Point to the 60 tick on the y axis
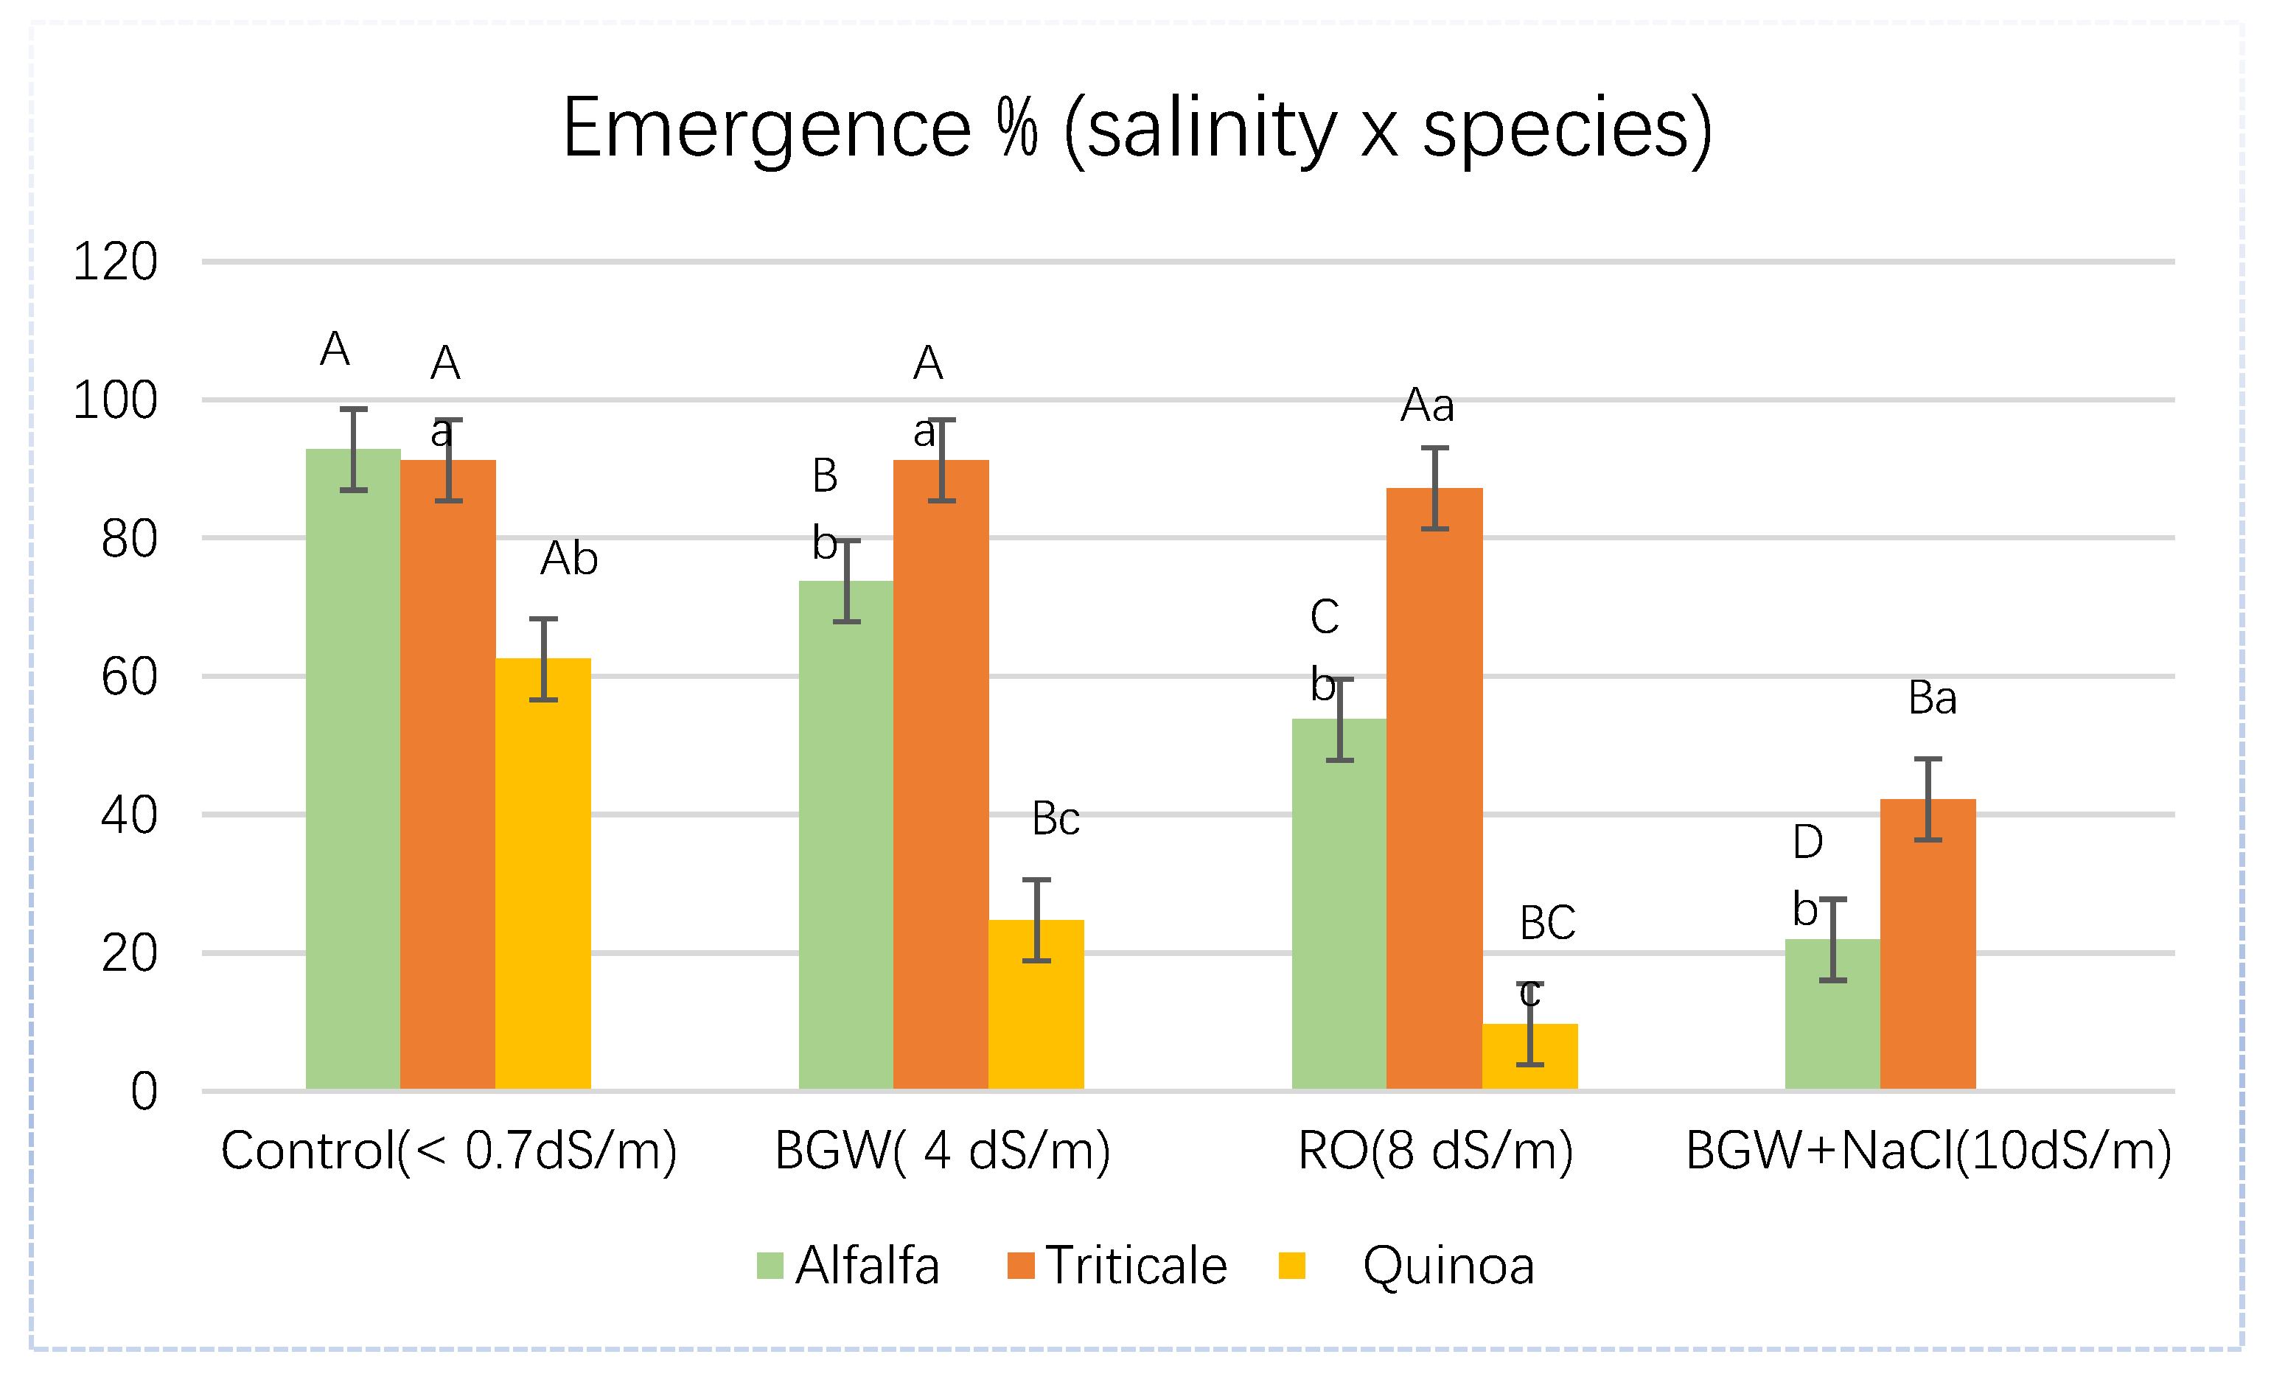click(129, 677)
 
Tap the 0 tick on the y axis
click(144, 1092)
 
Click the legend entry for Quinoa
click(1448, 1266)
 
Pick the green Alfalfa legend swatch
click(770, 1266)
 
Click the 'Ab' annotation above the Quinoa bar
click(569, 559)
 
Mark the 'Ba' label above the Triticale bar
click(1932, 697)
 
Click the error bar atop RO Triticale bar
click(1435, 489)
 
